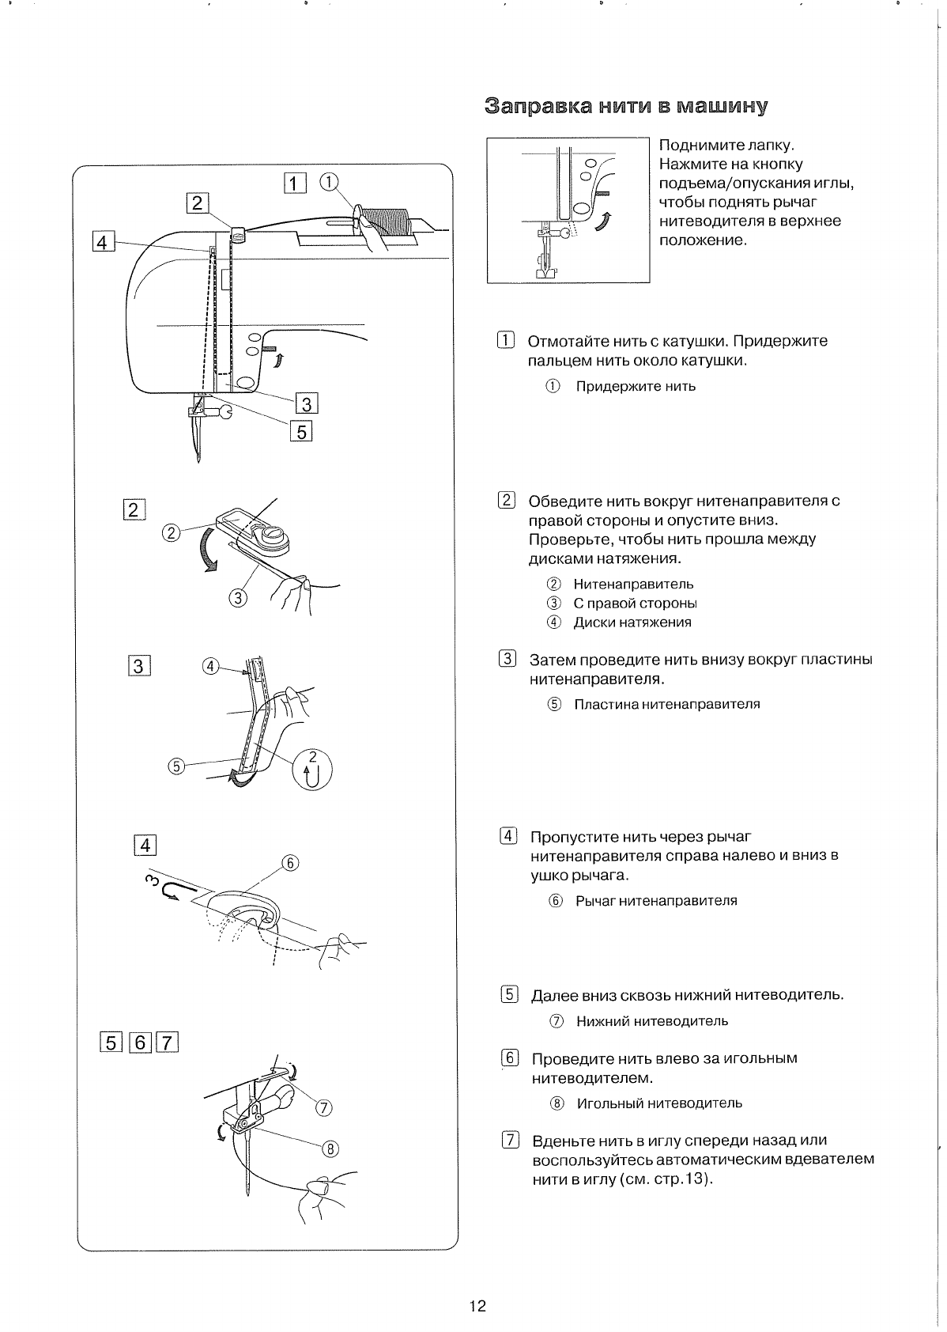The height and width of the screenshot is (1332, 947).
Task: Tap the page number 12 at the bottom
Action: tap(477, 1305)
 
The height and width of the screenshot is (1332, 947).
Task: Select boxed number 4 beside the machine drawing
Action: tap(102, 241)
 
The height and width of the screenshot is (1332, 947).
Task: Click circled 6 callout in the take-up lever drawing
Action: tap(290, 862)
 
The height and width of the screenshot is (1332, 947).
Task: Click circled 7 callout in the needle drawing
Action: tap(323, 1107)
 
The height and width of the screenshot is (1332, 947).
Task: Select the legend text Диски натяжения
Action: tap(632, 622)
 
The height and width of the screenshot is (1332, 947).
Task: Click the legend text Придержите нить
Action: tap(636, 387)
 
